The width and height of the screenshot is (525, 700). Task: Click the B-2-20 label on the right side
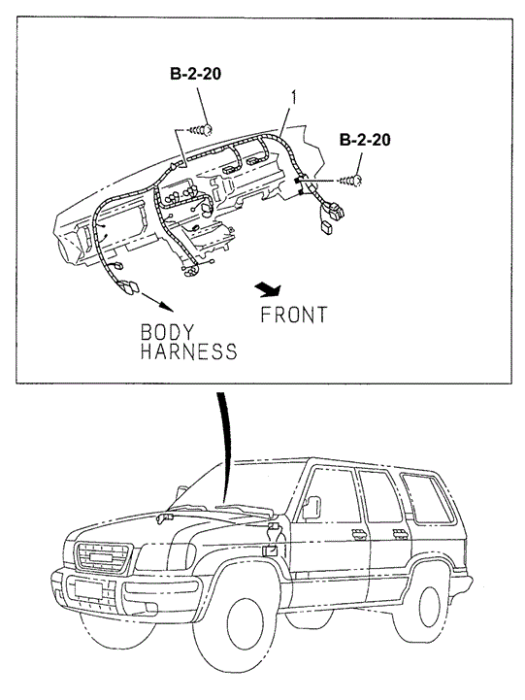[364, 141]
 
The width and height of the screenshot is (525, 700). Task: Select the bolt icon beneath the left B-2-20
[202, 127]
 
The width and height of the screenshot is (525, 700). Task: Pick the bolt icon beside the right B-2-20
[355, 180]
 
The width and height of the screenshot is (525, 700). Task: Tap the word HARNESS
[188, 351]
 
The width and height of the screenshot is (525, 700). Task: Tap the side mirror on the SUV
[313, 506]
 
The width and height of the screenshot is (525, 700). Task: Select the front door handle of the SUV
[357, 536]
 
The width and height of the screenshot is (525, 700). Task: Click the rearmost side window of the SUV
[424, 496]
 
